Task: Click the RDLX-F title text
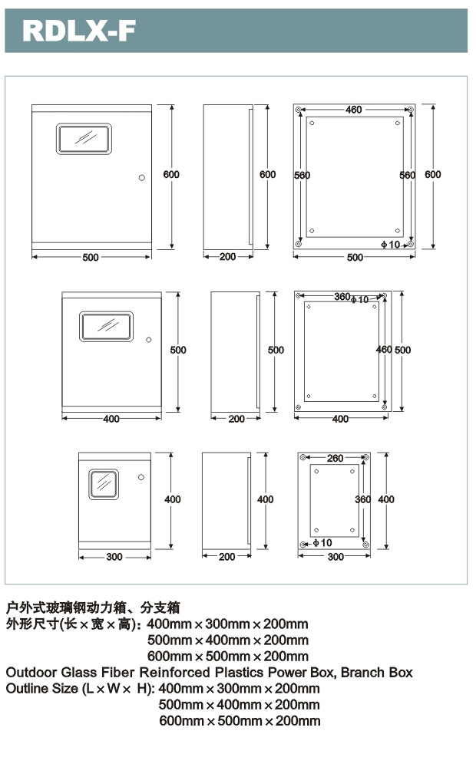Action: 79,31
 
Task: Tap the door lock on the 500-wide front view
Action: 141,178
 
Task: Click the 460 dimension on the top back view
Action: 353,110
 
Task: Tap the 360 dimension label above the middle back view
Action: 342,297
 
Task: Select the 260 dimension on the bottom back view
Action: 335,459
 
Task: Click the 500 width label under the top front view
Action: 91,258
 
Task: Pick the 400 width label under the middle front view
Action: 111,419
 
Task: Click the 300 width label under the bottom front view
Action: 114,557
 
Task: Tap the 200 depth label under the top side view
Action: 227,257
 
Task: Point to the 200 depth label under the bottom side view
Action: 226,557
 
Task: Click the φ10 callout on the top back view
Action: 391,245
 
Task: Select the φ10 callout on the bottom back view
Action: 322,543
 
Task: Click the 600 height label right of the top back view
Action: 433,175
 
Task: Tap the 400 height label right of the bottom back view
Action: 386,499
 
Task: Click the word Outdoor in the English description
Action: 29,673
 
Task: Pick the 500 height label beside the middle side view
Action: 276,350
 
